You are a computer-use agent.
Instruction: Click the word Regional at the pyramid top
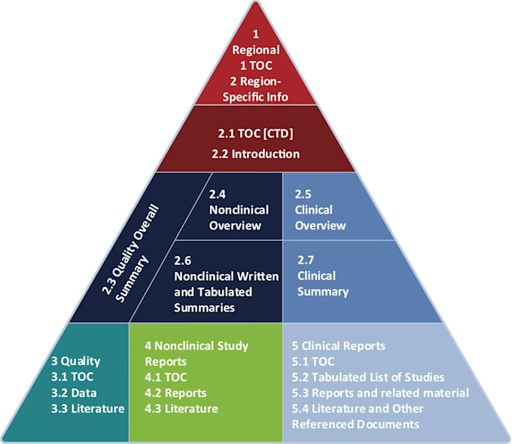256,50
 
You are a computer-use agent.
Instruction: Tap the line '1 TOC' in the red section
256,65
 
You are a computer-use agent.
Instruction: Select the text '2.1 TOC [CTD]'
256,133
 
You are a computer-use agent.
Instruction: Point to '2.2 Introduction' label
256,154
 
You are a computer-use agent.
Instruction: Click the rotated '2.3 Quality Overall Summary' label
130,253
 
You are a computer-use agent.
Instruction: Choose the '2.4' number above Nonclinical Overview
218,194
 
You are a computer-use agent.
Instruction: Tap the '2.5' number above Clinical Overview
303,194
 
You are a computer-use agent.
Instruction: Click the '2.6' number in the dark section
182,260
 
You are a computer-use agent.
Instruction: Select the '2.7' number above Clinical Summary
306,260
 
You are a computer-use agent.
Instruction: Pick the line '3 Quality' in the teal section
76,361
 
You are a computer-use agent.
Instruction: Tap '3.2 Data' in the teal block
74,393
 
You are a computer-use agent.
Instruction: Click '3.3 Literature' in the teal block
88,409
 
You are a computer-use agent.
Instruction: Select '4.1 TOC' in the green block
166,377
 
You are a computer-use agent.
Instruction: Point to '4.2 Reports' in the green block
175,393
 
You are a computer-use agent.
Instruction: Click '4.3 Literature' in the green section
181,409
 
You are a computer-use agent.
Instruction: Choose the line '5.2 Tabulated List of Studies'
368,377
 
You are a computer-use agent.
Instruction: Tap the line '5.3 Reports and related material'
380,393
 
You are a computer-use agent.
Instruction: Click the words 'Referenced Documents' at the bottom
355,424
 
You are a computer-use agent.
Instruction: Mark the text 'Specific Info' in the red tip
255,97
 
